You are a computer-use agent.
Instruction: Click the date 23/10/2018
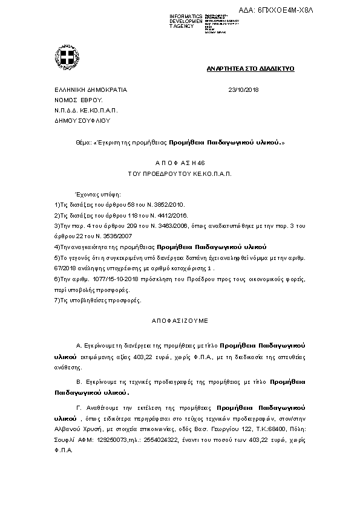(x=243, y=89)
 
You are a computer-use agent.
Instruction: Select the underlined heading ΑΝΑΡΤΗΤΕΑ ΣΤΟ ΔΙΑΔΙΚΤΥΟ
(x=250, y=70)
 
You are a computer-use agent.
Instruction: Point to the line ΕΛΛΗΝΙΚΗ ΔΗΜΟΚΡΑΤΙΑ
(x=91, y=89)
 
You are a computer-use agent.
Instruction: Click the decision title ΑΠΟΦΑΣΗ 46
(x=180, y=163)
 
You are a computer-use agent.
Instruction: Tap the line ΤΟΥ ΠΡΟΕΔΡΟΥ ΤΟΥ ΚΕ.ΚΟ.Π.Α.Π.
(x=180, y=173)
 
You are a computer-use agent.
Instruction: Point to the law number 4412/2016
(x=173, y=215)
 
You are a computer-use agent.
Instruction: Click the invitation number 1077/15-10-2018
(x=104, y=279)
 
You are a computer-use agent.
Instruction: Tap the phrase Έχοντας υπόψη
(x=97, y=195)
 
